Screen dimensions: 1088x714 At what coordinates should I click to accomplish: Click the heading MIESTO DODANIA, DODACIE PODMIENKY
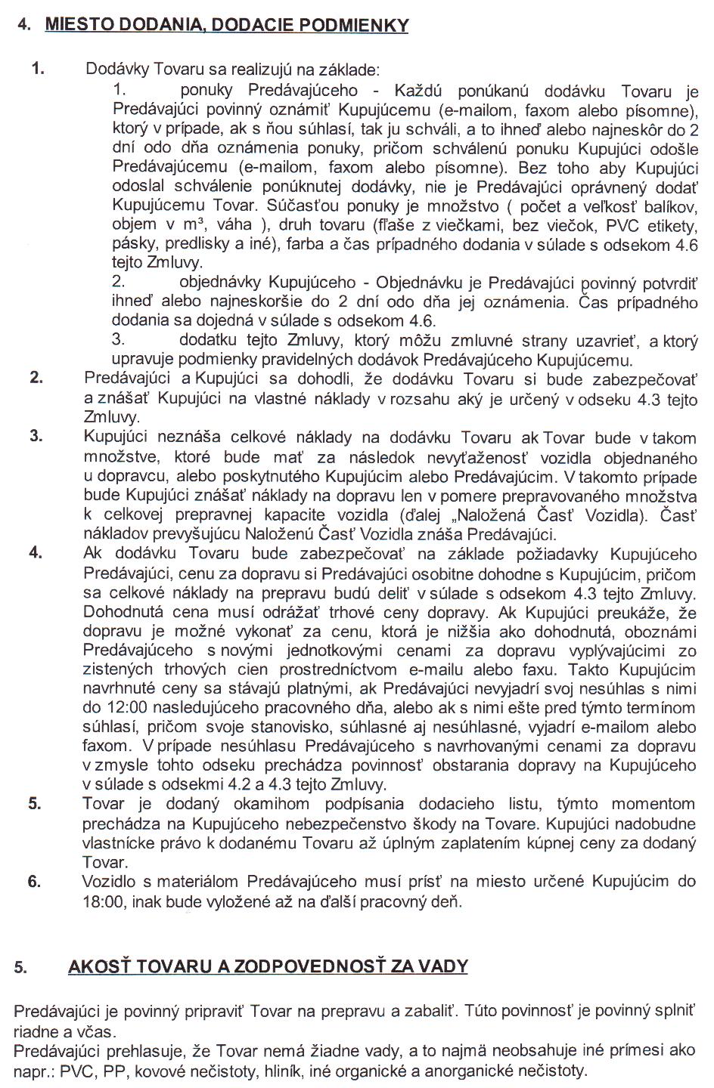[227, 25]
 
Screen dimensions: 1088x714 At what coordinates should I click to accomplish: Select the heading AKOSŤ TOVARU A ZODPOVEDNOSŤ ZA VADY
[268, 966]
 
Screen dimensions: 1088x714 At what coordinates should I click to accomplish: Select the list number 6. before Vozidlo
[34, 881]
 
